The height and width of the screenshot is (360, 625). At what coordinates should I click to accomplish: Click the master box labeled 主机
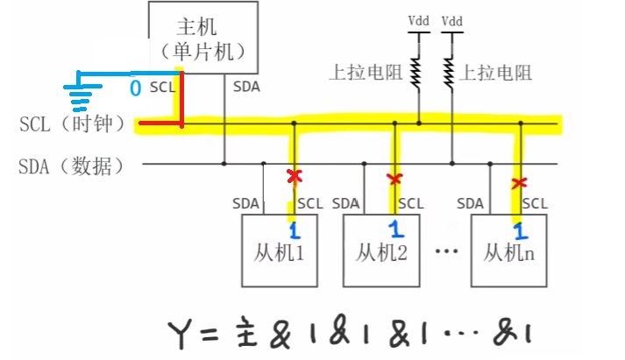204,37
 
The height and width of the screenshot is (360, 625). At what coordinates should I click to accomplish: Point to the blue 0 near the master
135,88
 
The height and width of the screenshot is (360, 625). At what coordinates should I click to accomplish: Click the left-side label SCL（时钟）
72,124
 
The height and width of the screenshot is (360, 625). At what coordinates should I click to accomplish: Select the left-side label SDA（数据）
72,165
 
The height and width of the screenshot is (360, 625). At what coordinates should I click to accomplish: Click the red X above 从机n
520,183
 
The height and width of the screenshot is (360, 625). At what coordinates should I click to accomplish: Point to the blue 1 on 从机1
295,231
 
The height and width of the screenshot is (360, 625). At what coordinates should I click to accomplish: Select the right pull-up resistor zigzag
451,71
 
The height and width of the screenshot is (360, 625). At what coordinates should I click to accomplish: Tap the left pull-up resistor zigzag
419,71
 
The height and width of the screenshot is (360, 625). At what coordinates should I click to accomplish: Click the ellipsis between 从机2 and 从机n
446,253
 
